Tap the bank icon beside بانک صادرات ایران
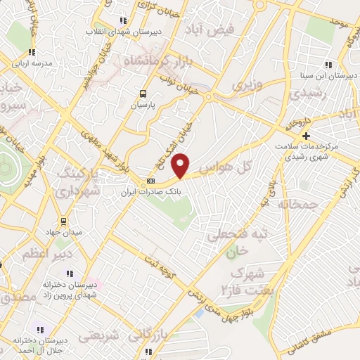click(x=150, y=181)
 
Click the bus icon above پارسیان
click(x=143, y=93)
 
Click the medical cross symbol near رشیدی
click(x=305, y=136)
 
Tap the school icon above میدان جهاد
click(x=65, y=221)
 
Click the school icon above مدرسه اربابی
click(x=31, y=51)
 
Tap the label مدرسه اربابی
click(x=31, y=63)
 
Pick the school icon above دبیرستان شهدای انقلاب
click(x=124, y=20)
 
